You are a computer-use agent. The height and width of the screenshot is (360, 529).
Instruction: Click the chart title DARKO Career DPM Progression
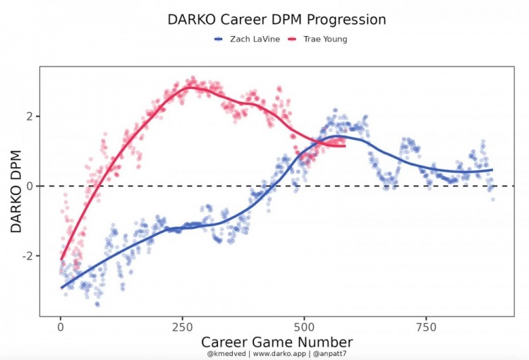[276, 20]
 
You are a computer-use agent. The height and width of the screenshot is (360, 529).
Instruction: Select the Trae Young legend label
[325, 40]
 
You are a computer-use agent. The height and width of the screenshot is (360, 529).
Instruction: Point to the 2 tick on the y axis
[29, 116]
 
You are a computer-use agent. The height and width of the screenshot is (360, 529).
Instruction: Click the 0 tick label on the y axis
[29, 186]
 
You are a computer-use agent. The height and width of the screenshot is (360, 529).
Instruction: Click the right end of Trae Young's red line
[344, 145]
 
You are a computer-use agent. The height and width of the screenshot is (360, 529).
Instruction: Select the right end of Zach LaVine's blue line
[492, 169]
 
